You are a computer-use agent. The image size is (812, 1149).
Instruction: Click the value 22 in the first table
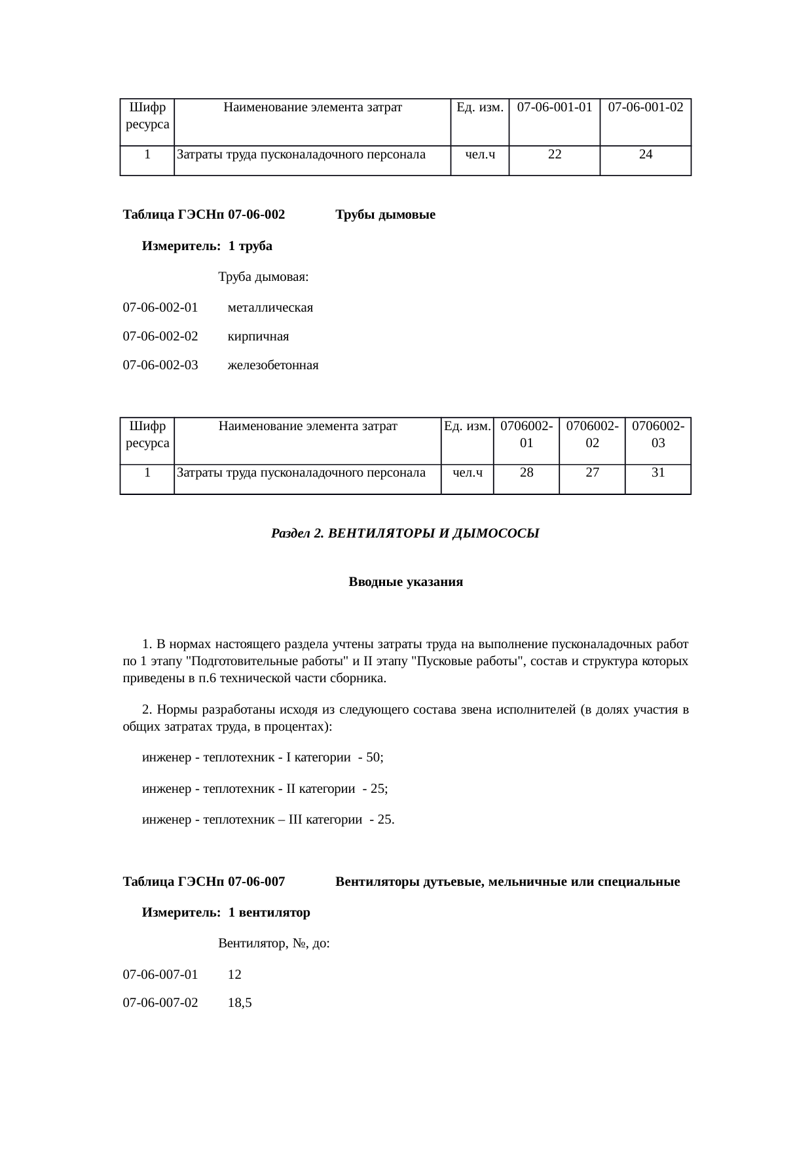coord(554,155)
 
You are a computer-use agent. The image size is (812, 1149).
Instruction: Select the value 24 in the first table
coord(646,155)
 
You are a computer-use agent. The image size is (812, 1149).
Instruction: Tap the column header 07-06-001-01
coord(555,107)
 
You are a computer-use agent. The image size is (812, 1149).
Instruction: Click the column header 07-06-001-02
coord(646,107)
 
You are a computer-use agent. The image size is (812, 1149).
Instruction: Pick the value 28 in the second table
coord(526,472)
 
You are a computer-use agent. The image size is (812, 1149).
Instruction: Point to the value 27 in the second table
coord(592,472)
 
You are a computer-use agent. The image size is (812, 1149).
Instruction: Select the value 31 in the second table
coord(658,472)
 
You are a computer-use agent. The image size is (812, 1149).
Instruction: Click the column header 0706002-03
coord(658,434)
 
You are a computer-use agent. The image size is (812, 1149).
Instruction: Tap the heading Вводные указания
coord(405,582)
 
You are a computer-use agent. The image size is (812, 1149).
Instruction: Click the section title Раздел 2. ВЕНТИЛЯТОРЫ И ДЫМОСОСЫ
coord(405,534)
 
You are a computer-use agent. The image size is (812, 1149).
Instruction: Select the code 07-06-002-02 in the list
coord(160,337)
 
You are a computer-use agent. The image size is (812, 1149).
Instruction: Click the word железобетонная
coord(273,365)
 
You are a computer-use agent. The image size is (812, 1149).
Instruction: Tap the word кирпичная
coord(258,337)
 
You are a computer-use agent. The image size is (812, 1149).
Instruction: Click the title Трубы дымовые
coord(385,215)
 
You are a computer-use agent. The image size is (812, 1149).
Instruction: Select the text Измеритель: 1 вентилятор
coord(226,912)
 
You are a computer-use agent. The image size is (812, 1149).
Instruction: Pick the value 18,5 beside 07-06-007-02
coord(240,1002)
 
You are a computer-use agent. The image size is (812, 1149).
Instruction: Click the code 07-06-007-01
coord(160,974)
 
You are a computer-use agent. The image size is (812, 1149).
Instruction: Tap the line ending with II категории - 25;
coord(265,789)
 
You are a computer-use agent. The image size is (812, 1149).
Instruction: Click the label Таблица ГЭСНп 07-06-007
coord(204,882)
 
